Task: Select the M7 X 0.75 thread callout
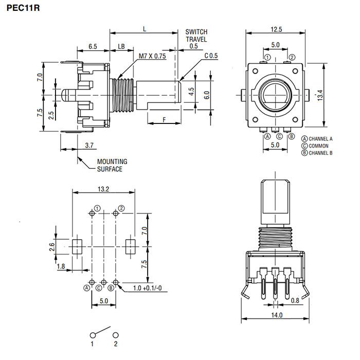pyautogui.click(x=153, y=57)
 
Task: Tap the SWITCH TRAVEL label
pyautogui.click(x=196, y=35)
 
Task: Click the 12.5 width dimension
pyautogui.click(x=275, y=29)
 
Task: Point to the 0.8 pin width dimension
pyautogui.click(x=295, y=300)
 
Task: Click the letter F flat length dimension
pyautogui.click(x=164, y=119)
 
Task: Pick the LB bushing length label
pyautogui.click(x=121, y=46)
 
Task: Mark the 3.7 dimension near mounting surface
pyautogui.click(x=88, y=146)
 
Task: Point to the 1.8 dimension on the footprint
pyautogui.click(x=61, y=266)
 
